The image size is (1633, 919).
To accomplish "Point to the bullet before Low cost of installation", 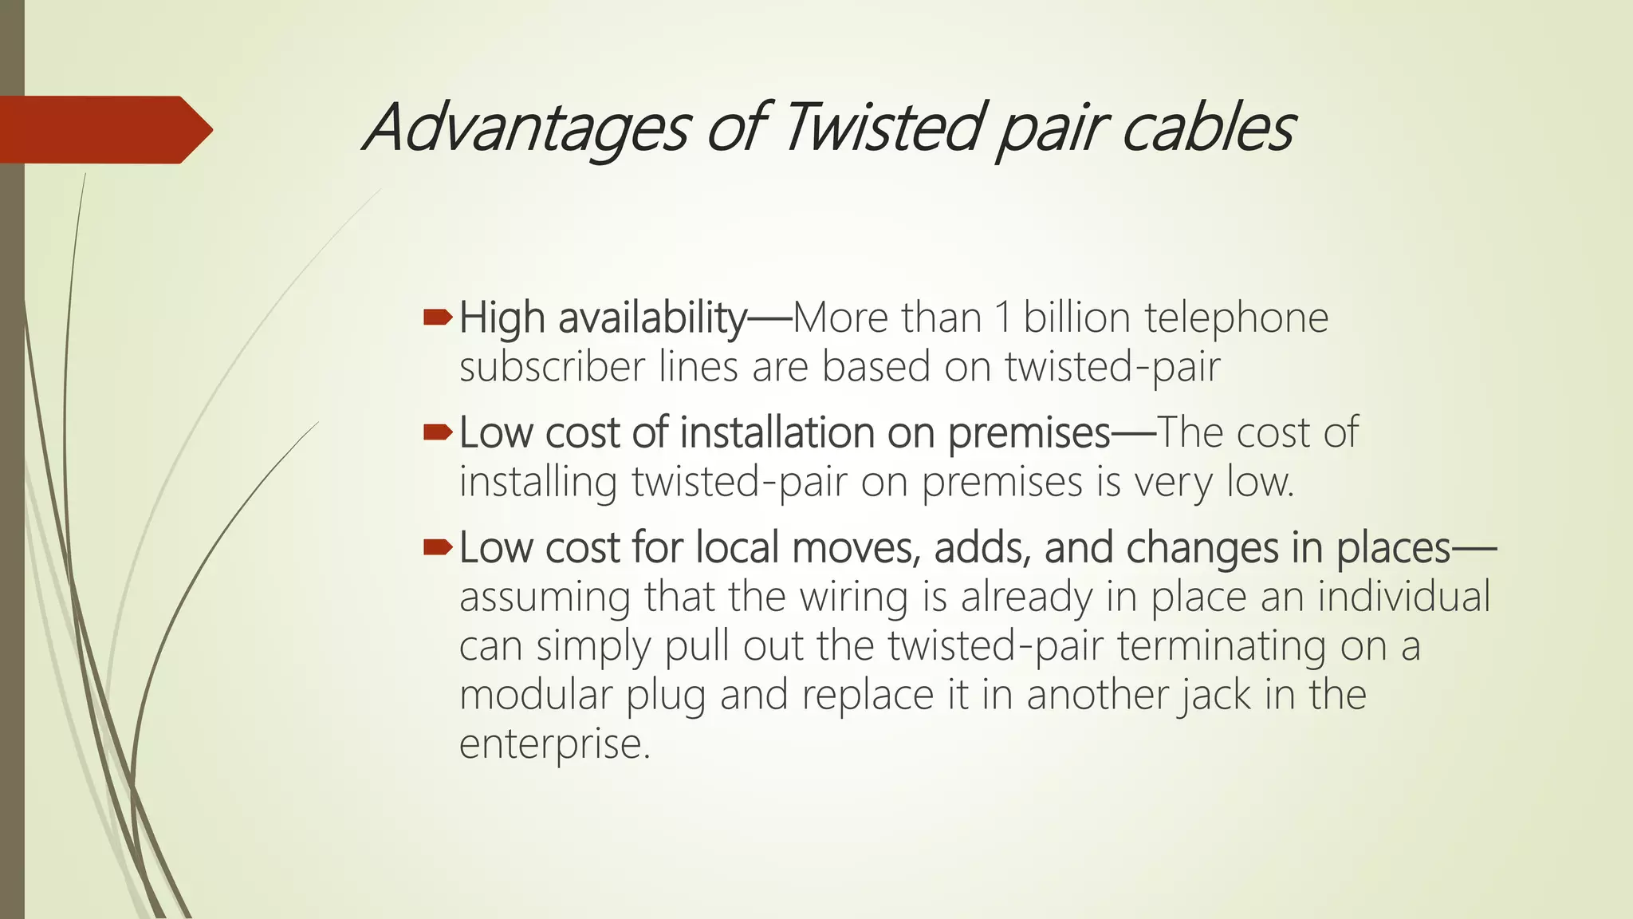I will pos(438,433).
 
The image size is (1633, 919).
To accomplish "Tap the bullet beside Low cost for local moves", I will pos(438,547).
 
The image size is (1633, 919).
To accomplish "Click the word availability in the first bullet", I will pos(652,319).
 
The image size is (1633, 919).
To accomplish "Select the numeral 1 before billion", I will pos(1002,318).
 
